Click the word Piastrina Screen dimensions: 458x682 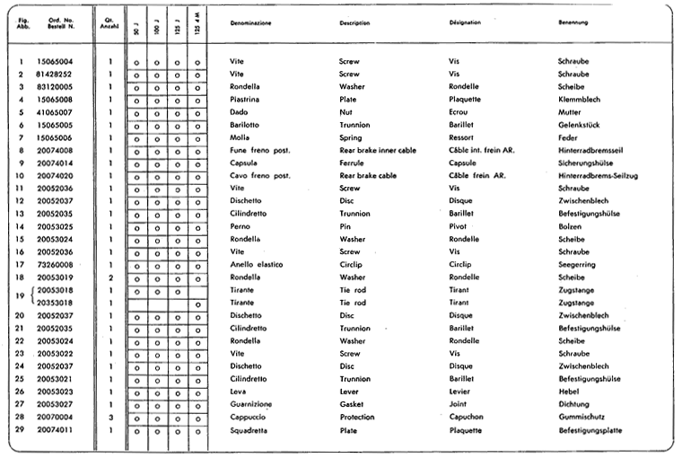pyautogui.click(x=246, y=99)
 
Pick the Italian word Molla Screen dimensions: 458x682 pyautogui.click(x=240, y=137)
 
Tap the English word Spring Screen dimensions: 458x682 pyautogui.click(x=351, y=137)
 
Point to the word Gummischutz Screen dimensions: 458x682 pyautogui.click(x=579, y=418)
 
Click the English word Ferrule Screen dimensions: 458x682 pyautogui.click(x=353, y=163)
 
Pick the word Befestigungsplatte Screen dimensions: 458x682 pyautogui.click(x=590, y=430)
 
